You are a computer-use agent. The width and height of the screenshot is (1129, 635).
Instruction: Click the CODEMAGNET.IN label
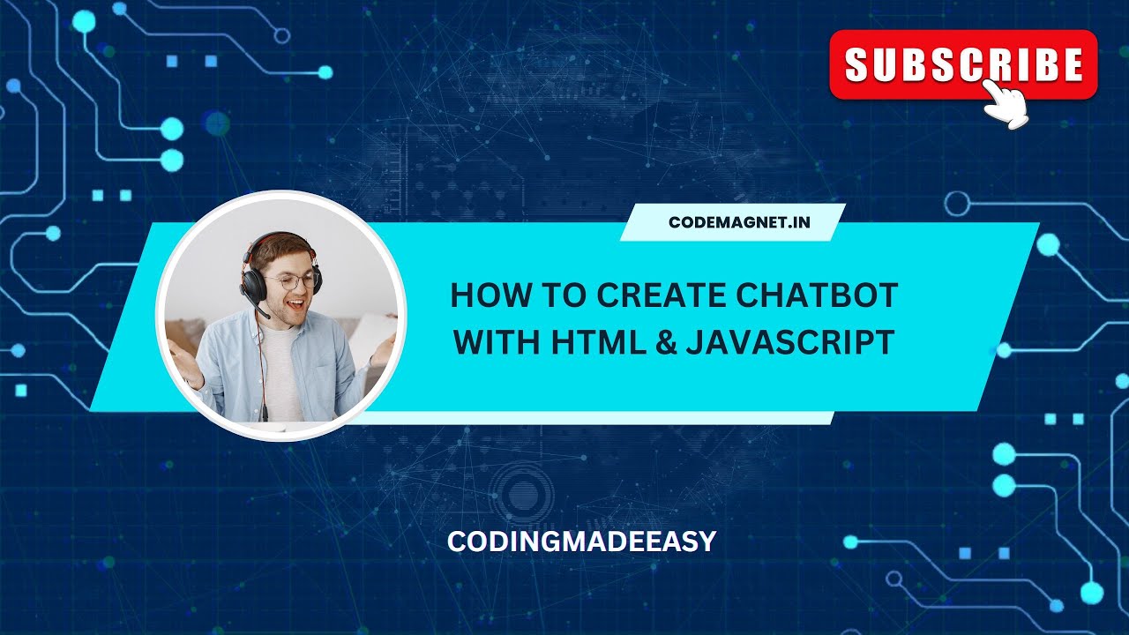(738, 222)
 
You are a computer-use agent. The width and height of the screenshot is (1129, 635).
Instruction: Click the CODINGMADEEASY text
(581, 542)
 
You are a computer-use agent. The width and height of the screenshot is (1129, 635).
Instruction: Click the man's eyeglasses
(291, 280)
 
